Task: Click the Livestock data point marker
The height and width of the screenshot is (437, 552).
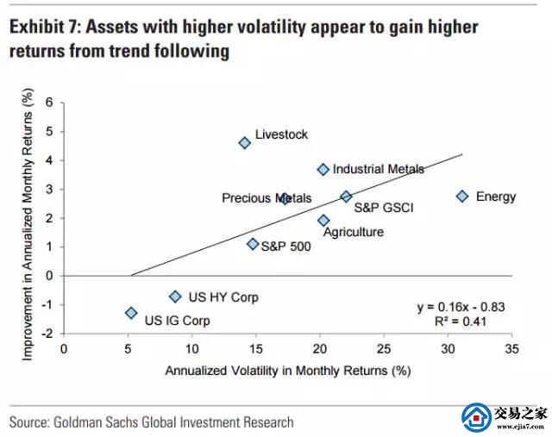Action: pyautogui.click(x=244, y=143)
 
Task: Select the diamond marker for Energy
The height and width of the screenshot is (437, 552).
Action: pyautogui.click(x=462, y=197)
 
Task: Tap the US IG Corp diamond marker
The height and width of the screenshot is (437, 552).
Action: pyautogui.click(x=131, y=313)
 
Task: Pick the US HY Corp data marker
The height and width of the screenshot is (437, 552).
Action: pyautogui.click(x=175, y=297)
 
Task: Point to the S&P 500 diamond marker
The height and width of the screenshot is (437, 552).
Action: pyautogui.click(x=253, y=244)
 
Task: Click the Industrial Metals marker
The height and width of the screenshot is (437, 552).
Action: pyautogui.click(x=323, y=170)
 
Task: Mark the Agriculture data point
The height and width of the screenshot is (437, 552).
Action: pyautogui.click(x=323, y=221)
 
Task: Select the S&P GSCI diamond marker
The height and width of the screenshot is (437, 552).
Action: pyautogui.click(x=346, y=197)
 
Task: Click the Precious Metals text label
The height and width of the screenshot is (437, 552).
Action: pyautogui.click(x=267, y=198)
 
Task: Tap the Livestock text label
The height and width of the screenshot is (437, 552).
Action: pyautogui.click(x=281, y=134)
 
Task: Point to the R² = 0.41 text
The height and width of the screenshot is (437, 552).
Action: pyautogui.click(x=474, y=321)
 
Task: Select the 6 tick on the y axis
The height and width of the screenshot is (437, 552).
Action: pyautogui.click(x=49, y=102)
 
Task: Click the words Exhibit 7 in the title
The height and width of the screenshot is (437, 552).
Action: pyautogui.click(x=42, y=27)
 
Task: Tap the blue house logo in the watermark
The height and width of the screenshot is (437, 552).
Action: pyautogui.click(x=475, y=417)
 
